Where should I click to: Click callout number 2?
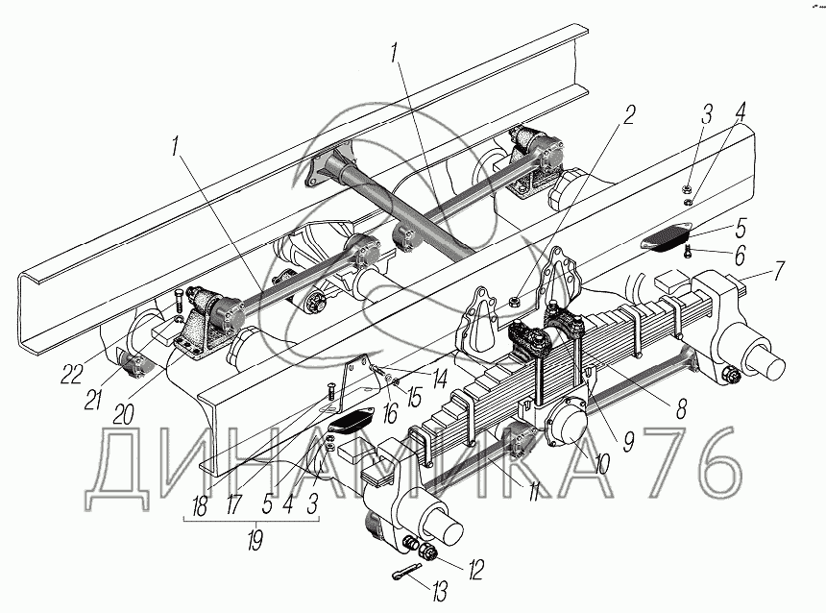click(x=628, y=114)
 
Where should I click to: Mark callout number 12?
click(x=475, y=568)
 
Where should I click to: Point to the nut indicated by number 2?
click(x=516, y=306)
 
